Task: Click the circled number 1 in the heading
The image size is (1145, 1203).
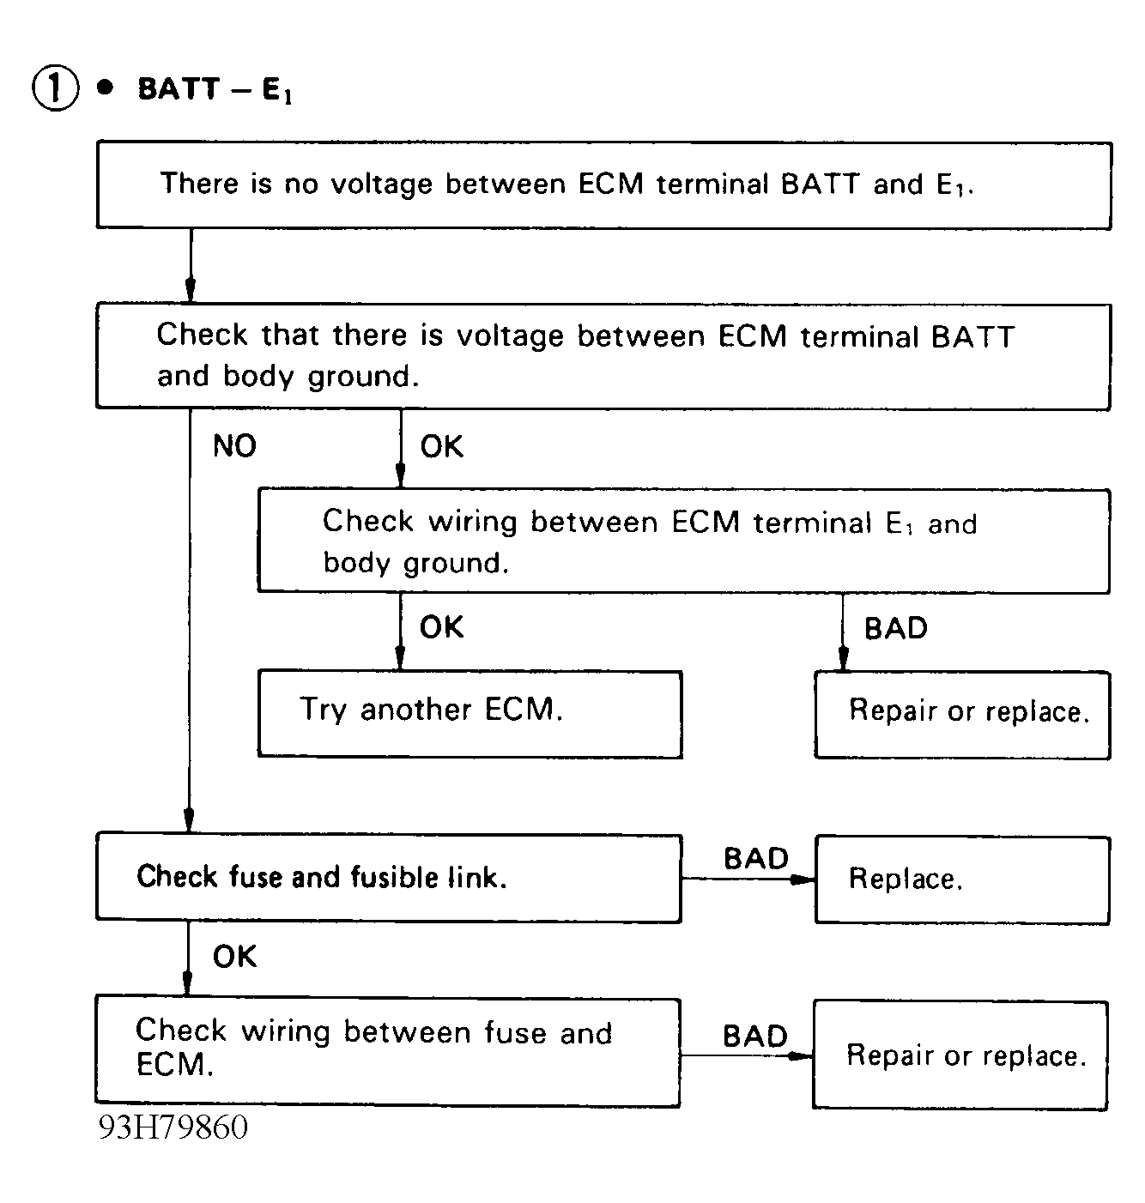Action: (55, 89)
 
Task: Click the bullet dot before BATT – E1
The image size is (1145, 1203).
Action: (106, 88)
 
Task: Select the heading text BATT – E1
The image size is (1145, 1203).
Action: (215, 90)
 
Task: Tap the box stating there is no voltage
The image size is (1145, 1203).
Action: (603, 185)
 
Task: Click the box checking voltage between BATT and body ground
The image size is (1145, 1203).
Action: (603, 356)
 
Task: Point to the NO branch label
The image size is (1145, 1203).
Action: (234, 446)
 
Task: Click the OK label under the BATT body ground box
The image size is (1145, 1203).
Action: (441, 447)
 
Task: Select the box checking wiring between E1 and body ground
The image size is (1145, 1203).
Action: (684, 541)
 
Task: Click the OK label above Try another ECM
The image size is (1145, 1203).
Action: (441, 628)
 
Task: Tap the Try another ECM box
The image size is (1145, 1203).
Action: (470, 714)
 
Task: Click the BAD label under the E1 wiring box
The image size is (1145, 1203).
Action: (896, 628)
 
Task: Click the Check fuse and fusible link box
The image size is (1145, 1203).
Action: (389, 877)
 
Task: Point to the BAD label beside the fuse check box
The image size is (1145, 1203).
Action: (756, 859)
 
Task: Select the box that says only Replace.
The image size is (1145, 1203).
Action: (962, 880)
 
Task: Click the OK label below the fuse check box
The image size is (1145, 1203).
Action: (234, 957)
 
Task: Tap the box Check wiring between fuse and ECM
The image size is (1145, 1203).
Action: (388, 1052)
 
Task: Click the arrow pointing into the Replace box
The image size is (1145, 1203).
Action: (748, 880)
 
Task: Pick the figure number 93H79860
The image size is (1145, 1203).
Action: (173, 1127)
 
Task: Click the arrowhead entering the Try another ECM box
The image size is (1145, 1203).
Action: (400, 659)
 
